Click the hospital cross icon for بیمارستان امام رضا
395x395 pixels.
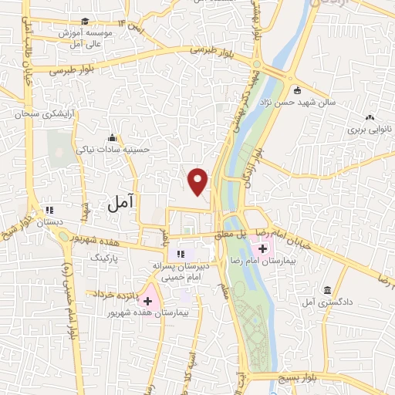(x=263, y=248)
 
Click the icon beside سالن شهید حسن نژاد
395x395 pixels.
(x=298, y=90)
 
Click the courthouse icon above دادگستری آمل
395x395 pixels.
(x=328, y=290)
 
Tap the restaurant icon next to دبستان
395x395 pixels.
(x=50, y=209)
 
